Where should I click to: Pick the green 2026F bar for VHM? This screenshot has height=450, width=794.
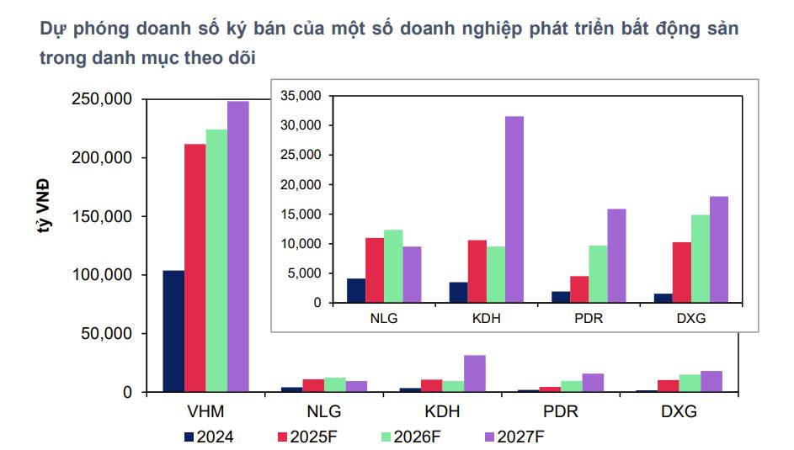216,261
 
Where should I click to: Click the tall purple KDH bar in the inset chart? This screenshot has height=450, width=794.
514,209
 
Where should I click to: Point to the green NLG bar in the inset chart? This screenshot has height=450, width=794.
393,266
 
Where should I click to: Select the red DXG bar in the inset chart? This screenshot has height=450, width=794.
681,272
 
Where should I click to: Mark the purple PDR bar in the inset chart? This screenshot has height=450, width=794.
616,256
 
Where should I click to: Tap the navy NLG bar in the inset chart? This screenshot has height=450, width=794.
356,290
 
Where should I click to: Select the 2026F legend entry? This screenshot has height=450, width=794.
412,437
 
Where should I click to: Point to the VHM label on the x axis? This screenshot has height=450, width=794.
206,412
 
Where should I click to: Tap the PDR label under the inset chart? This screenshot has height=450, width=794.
589,320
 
